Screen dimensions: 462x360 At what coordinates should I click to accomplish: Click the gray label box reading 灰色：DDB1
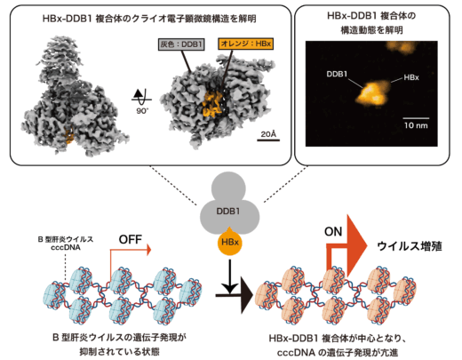181,44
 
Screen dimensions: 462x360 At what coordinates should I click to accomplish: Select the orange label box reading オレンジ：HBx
246,44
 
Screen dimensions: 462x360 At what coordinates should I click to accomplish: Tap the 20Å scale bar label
268,134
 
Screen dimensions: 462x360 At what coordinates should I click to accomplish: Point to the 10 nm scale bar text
416,125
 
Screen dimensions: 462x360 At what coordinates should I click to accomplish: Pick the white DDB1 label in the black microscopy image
337,74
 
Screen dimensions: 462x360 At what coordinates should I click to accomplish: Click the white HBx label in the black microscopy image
411,77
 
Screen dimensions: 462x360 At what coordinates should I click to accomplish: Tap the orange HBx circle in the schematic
230,243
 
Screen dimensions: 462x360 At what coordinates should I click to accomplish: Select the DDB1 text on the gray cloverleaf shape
228,212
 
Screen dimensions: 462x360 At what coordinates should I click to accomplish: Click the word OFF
131,239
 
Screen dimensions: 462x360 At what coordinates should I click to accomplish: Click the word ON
333,232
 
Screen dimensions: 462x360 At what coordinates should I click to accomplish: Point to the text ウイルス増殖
410,246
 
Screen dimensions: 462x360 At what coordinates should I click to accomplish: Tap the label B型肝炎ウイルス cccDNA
66,244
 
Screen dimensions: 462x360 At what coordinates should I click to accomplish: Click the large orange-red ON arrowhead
357,245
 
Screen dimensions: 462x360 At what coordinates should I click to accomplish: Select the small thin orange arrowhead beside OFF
149,250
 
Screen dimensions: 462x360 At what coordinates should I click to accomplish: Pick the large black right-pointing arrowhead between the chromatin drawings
247,295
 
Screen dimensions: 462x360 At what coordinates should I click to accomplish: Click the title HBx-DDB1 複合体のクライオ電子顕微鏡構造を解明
149,19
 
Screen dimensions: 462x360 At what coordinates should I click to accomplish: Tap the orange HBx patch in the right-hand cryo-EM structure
212,104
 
